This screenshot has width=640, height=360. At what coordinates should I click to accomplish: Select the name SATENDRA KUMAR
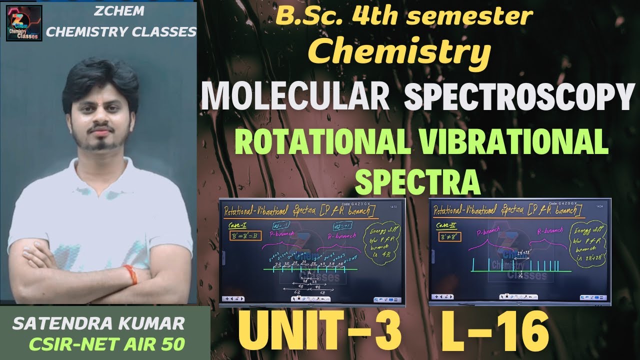coord(98,323)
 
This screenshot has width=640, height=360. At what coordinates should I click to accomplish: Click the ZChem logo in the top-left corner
coord(24,23)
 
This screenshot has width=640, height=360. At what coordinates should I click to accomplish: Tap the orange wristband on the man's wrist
coord(131,274)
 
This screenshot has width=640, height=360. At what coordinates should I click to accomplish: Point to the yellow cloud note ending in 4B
coord(382,245)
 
